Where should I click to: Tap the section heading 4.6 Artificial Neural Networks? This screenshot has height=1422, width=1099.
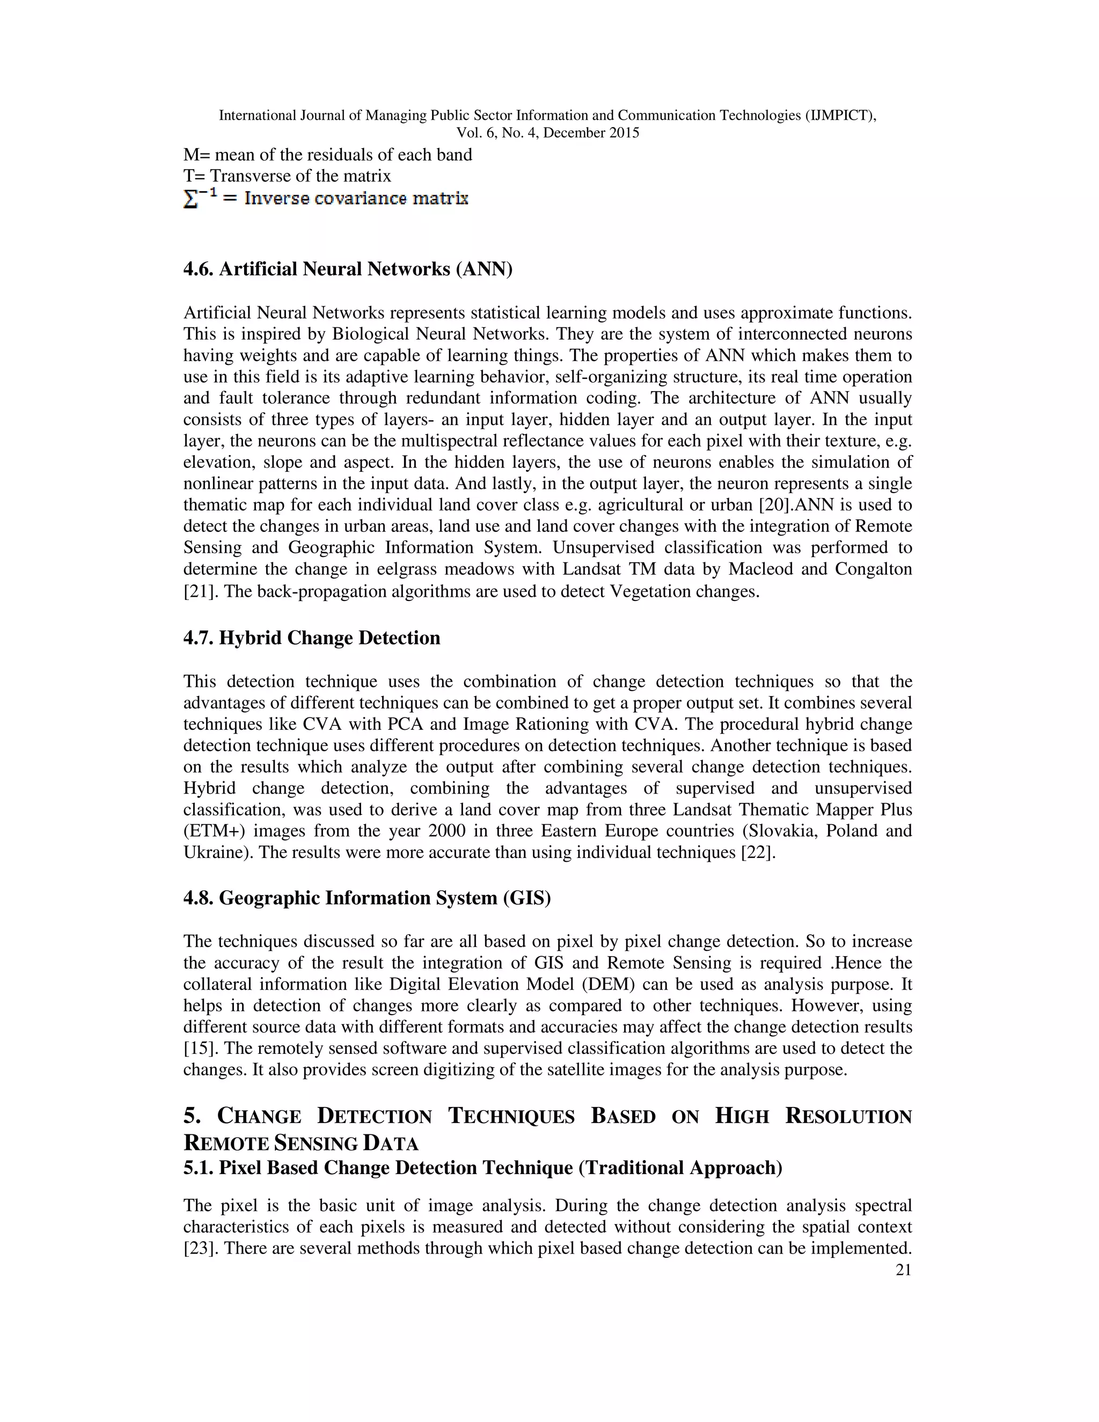348,268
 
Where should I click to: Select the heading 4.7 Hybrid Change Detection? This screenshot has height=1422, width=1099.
311,637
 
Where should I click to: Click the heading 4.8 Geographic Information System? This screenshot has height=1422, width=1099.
367,898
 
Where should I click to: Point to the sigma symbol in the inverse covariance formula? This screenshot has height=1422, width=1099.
191,199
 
